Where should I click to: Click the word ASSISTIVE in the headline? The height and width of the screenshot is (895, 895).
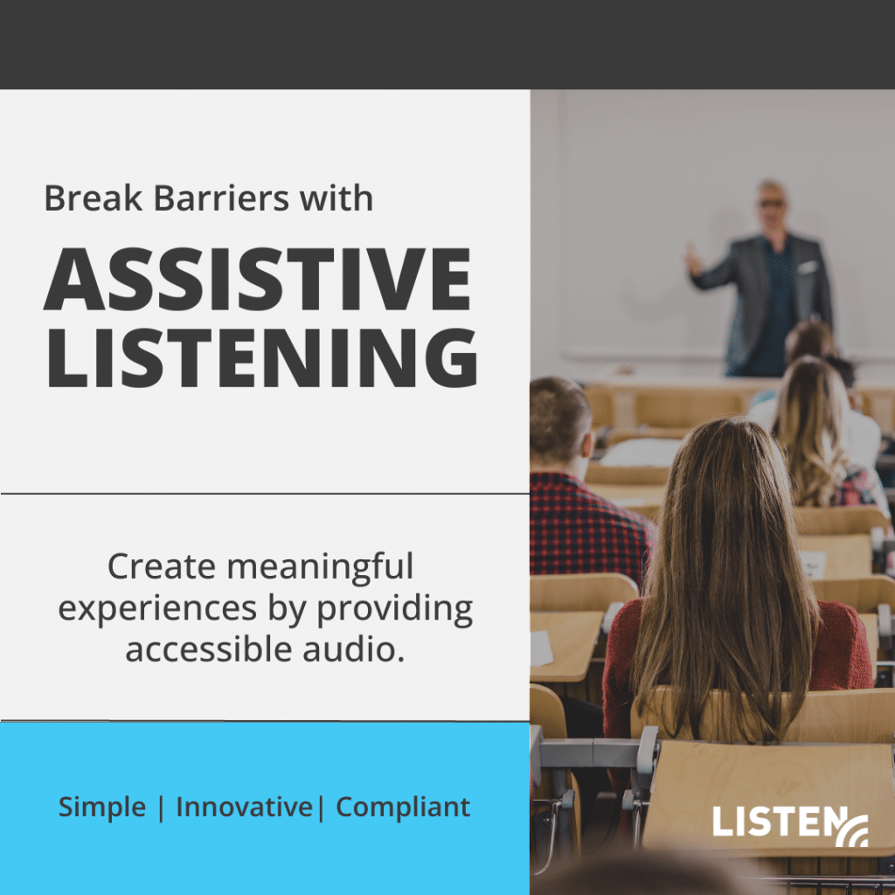[x=258, y=279]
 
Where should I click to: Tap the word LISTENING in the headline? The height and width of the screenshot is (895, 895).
[x=262, y=357]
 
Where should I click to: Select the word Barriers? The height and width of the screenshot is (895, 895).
[x=221, y=198]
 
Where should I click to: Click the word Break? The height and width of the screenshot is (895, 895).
[x=93, y=198]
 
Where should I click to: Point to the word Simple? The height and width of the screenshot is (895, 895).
[x=102, y=808]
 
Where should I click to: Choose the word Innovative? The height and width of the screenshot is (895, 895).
[x=245, y=807]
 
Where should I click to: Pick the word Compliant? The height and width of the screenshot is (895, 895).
[x=403, y=808]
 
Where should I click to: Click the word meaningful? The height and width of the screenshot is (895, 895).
[x=320, y=566]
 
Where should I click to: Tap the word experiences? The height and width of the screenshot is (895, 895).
[x=157, y=609]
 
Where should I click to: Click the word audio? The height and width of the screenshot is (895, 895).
[x=354, y=649]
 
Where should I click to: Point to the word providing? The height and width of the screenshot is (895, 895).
[x=395, y=609]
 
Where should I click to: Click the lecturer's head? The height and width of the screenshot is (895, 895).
[x=772, y=205]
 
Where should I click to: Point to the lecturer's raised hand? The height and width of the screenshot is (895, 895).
[x=693, y=260]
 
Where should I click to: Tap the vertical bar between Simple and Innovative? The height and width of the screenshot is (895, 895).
[x=161, y=808]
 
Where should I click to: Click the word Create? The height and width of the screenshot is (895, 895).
[x=162, y=566]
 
